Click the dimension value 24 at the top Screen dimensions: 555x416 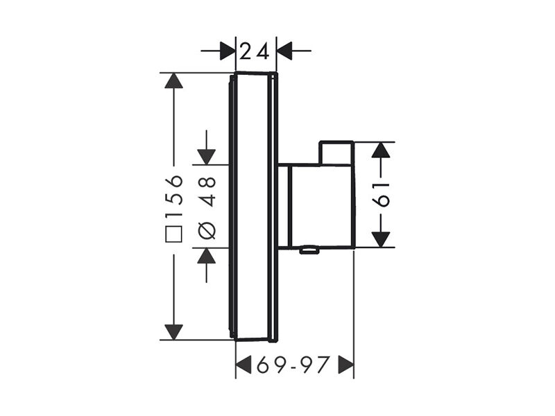255,51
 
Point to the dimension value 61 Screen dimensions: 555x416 380,195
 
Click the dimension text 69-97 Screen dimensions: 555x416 293,365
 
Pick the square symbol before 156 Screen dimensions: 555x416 174,234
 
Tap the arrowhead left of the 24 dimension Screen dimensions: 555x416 228,51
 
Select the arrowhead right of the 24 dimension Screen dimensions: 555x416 284,51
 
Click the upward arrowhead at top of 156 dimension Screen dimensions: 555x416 174,80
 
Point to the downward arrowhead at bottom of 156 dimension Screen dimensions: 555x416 174,332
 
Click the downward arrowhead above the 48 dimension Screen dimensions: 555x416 206,157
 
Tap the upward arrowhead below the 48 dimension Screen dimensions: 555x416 206,255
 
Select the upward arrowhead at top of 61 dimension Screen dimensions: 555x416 380,150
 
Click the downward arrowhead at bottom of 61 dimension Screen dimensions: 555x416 380,239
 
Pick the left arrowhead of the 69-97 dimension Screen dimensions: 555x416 244,365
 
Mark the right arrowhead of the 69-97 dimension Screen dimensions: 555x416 345,365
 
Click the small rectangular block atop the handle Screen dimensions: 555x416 336,153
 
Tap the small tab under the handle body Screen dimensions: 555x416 309,250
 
